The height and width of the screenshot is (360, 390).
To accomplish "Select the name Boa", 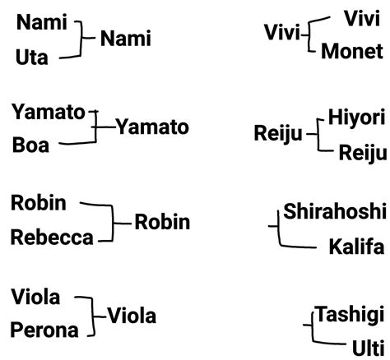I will click(x=30, y=145).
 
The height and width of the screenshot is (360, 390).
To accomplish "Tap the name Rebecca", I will click(x=51, y=238).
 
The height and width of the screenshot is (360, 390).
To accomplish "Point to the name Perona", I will click(x=45, y=331).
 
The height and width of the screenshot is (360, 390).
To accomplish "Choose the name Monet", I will click(x=352, y=52).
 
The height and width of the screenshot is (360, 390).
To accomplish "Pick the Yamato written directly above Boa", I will click(x=49, y=112).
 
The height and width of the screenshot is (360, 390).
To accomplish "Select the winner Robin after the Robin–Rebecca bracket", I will click(x=162, y=222).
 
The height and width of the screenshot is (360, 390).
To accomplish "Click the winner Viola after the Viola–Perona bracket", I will click(x=132, y=316).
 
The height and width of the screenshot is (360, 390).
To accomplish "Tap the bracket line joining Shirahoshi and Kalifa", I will click(x=280, y=229).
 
